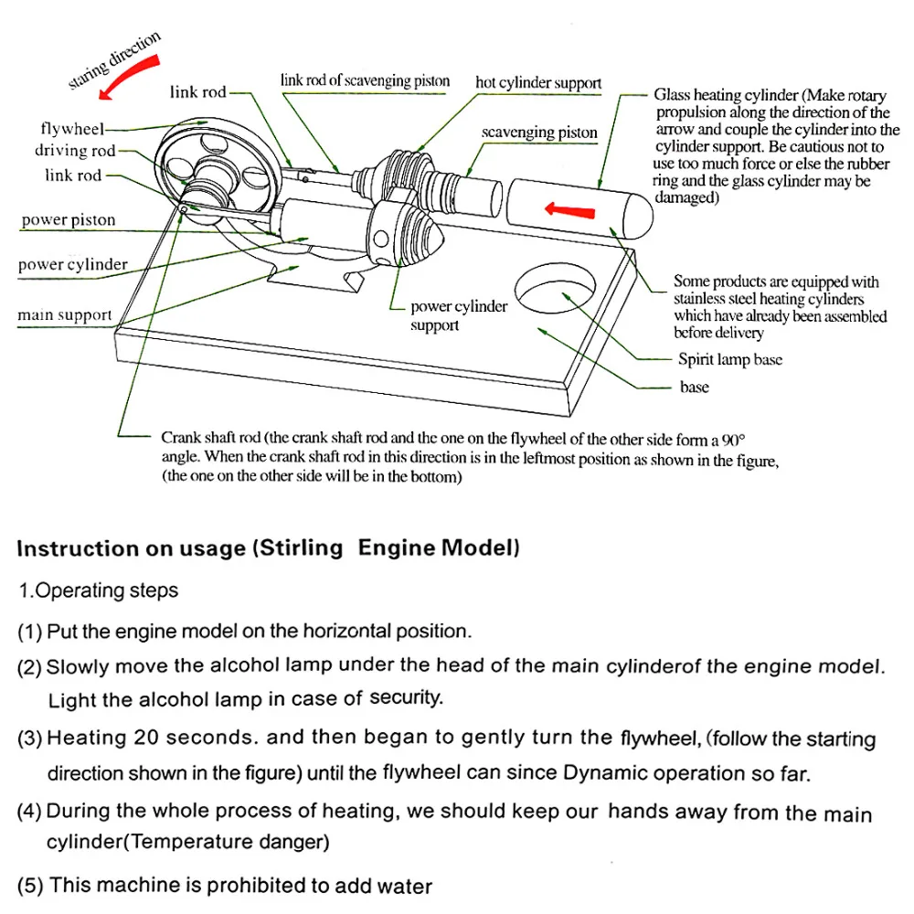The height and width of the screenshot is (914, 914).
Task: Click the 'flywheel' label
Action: coord(72,128)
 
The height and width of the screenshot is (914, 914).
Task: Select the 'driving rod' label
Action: coord(75,151)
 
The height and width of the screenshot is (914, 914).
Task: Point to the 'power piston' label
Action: coord(69,219)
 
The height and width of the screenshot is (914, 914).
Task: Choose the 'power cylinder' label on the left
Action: coord(72,265)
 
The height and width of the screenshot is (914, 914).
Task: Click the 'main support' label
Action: coord(64,315)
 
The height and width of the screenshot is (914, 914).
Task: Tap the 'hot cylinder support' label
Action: coord(538,83)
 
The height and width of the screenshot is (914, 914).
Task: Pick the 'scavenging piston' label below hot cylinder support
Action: coord(539,133)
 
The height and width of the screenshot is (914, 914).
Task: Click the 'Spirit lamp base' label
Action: coord(729,359)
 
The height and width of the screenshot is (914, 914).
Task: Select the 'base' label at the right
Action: coord(694,387)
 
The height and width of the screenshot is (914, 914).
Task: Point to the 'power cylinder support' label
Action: coord(458,315)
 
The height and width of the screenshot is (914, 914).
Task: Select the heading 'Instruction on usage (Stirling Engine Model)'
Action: coord(269,548)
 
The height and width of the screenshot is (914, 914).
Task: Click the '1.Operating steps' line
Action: coord(99,590)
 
